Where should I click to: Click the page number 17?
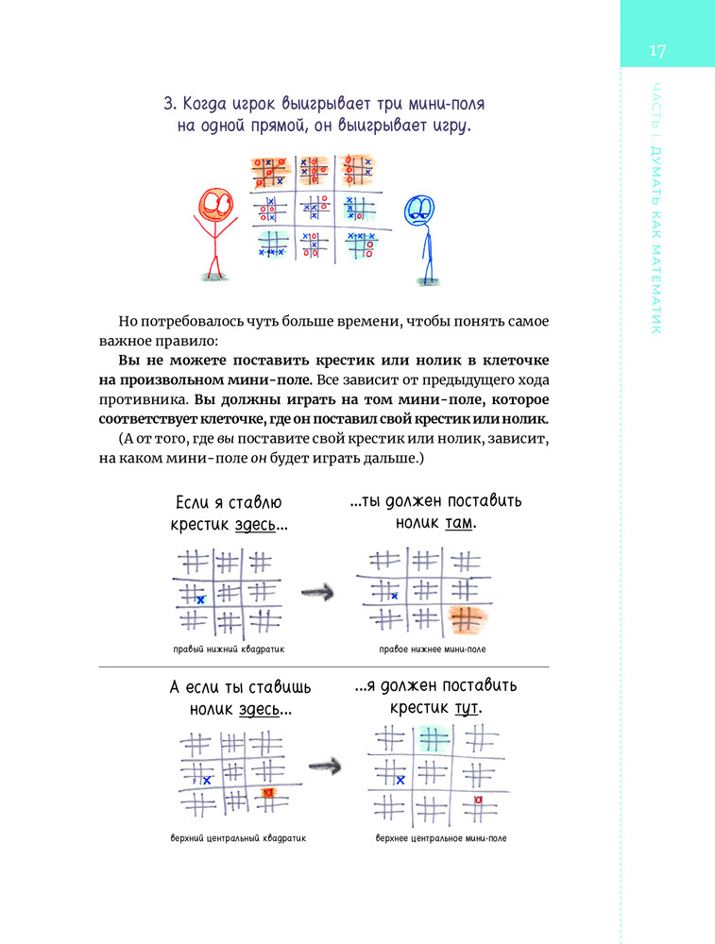[x=658, y=51]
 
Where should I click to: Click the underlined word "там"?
[x=458, y=522]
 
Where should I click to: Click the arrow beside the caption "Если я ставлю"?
[x=319, y=592]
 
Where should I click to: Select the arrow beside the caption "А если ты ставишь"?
[x=324, y=762]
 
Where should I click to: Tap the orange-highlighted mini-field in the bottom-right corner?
[x=466, y=620]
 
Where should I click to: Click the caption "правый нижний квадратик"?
[x=229, y=649]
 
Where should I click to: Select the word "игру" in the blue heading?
[x=447, y=126]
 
